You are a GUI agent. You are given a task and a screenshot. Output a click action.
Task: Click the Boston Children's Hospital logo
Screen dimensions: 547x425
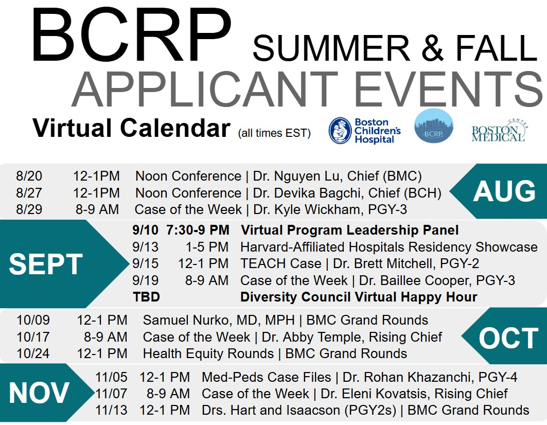point(364,131)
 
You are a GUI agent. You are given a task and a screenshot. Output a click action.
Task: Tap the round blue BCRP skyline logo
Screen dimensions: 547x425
point(434,126)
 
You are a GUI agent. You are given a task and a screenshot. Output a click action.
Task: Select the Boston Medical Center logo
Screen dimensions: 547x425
point(499,131)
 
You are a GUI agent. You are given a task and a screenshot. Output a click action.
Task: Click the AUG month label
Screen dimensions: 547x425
point(504,191)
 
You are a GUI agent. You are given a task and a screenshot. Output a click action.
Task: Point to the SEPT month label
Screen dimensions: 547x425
point(46,264)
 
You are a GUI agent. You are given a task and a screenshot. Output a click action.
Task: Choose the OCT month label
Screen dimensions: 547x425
point(509,338)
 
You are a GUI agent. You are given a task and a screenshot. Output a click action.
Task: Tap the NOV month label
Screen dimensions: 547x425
point(39,393)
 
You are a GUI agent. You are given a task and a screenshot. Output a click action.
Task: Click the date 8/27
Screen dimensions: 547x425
point(29,192)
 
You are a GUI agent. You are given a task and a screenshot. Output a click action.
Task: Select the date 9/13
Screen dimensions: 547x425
point(145,246)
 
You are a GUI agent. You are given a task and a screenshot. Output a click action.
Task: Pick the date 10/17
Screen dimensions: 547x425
point(33,337)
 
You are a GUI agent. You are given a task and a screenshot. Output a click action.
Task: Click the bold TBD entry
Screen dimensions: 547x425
point(147,297)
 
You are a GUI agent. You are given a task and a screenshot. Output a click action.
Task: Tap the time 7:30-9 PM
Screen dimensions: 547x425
point(198,230)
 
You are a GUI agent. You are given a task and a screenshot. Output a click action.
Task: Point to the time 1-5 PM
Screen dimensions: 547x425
point(207,246)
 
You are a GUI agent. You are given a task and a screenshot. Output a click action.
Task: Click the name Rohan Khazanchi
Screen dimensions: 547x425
point(407,377)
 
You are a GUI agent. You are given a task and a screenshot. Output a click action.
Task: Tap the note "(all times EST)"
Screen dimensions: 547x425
point(274,133)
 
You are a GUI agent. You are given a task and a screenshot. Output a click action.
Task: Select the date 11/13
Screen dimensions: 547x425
point(111,410)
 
